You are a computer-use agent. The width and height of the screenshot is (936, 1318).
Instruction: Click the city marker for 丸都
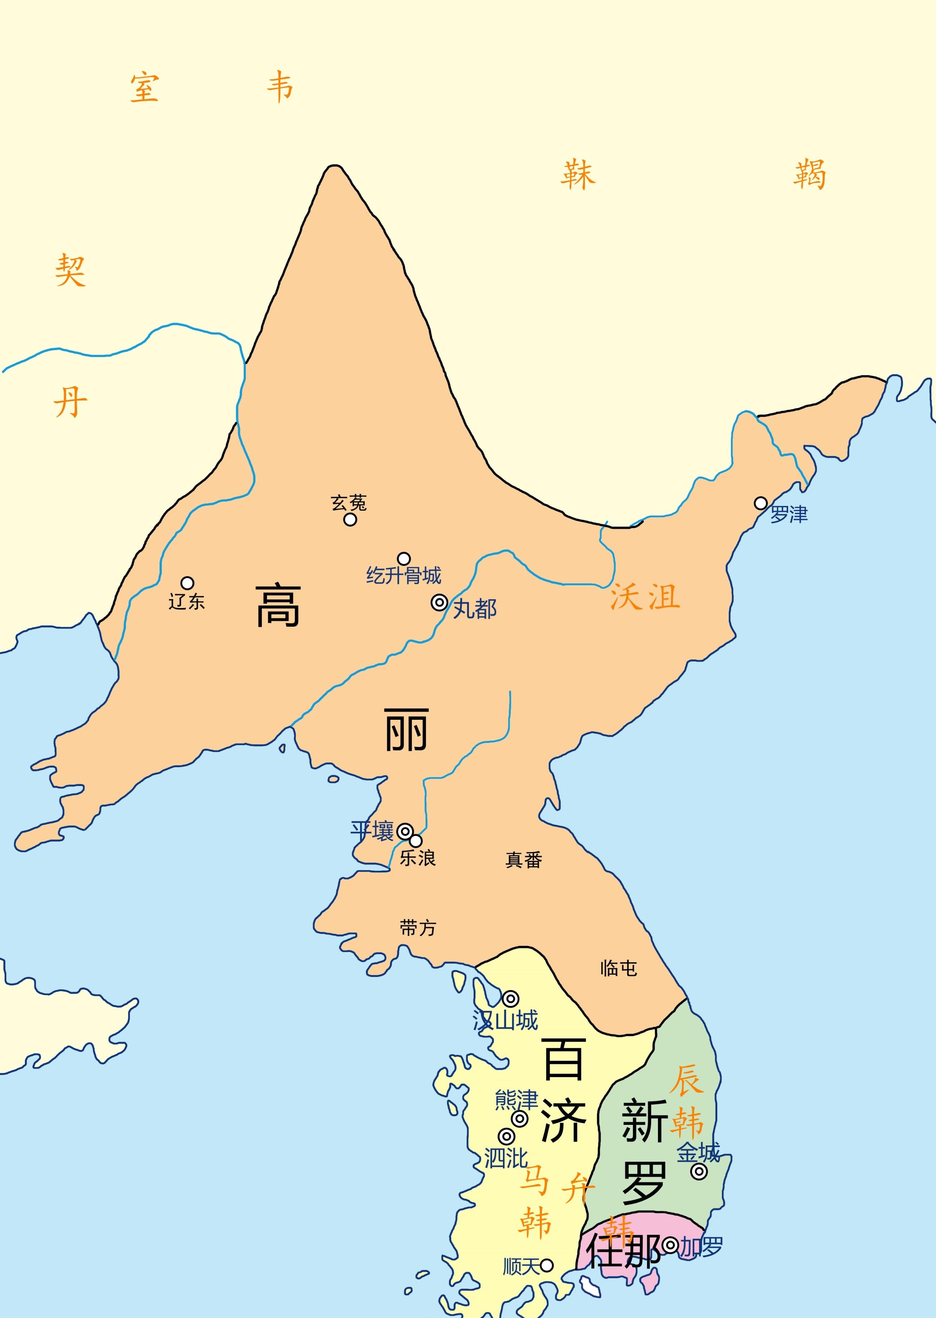click(x=439, y=603)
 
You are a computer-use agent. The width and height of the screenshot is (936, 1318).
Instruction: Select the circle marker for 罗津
click(x=760, y=503)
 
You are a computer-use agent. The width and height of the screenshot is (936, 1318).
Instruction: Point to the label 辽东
click(x=186, y=602)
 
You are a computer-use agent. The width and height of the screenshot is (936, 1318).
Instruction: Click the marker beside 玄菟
click(x=350, y=519)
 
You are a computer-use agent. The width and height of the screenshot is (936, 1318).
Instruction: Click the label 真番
click(x=523, y=860)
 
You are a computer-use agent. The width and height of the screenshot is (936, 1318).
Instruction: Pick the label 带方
click(x=418, y=928)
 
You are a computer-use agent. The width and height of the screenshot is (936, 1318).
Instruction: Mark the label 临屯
click(x=619, y=968)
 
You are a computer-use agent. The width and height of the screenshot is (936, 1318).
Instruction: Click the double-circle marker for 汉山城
click(x=510, y=999)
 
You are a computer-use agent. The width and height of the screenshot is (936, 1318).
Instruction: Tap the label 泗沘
click(x=505, y=1158)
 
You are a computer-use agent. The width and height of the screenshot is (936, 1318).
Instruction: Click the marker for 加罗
click(x=670, y=1245)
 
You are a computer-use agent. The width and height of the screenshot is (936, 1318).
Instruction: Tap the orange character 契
click(x=70, y=271)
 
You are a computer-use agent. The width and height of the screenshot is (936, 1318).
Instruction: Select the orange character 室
click(x=144, y=88)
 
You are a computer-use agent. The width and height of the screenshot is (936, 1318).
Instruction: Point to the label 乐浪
click(x=418, y=858)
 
